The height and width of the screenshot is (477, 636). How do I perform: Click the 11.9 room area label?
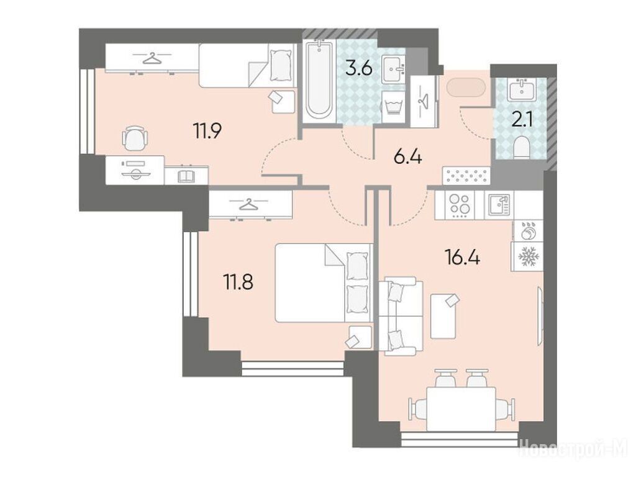pyautogui.click(x=207, y=131)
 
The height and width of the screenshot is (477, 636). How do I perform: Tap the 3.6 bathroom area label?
pyautogui.click(x=358, y=68)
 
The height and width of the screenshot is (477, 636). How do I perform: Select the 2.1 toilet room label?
pyautogui.click(x=522, y=121)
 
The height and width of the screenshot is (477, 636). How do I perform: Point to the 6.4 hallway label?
pyautogui.click(x=408, y=157)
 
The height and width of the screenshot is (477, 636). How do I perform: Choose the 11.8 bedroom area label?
pyautogui.click(x=238, y=282)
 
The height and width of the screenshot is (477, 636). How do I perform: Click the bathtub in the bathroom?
pyautogui.click(x=319, y=81)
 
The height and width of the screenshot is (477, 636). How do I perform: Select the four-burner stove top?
pyautogui.click(x=459, y=205)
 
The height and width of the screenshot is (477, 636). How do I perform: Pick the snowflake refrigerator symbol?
pyautogui.click(x=527, y=257)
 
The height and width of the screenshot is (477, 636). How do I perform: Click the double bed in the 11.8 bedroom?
pyautogui.click(x=323, y=283)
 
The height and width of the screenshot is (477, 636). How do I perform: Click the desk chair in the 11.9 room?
pyautogui.click(x=134, y=139)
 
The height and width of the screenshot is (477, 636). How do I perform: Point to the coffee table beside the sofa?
pyautogui.click(x=443, y=316)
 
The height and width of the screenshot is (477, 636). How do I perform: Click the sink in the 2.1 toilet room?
pyautogui.click(x=522, y=89)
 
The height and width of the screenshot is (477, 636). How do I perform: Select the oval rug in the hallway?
pyautogui.click(x=465, y=88)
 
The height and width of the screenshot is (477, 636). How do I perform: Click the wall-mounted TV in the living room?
pyautogui.click(x=540, y=316)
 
